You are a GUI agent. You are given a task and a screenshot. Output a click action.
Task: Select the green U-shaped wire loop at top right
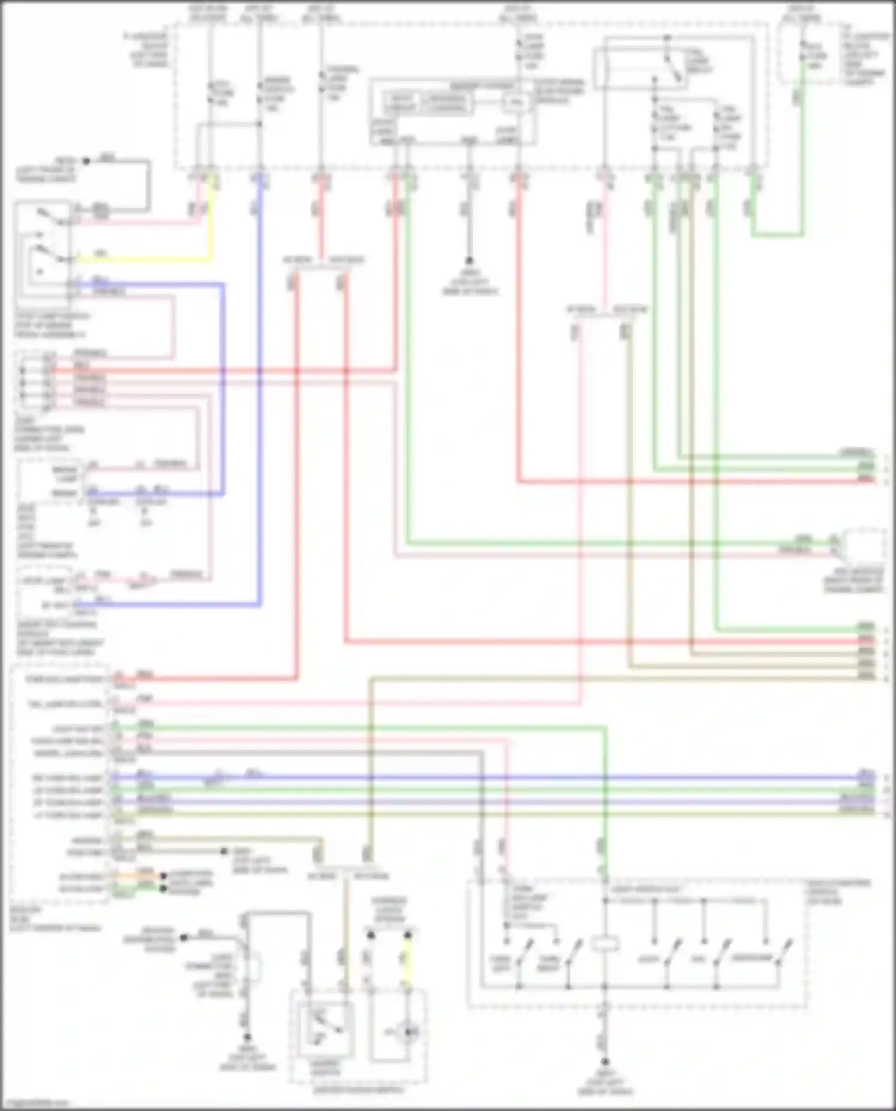(x=777, y=235)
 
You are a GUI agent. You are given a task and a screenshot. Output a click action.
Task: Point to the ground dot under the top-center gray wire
(x=470, y=261)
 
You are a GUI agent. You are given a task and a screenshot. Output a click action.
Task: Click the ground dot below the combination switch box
(x=605, y=1062)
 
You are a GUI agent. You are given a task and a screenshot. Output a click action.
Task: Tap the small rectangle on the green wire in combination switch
(x=605, y=944)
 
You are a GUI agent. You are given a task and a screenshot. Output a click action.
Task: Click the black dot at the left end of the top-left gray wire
(x=86, y=161)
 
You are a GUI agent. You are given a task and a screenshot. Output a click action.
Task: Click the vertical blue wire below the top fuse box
(x=260, y=388)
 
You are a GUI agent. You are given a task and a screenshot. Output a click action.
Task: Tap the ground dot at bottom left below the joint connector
(x=247, y=1038)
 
